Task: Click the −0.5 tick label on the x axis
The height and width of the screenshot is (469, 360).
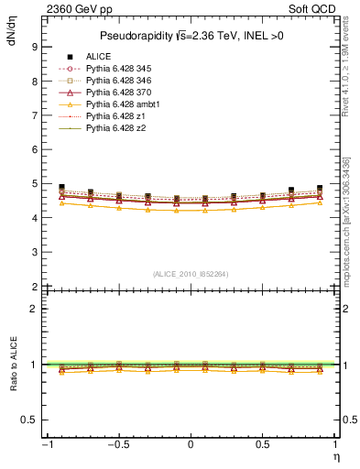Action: coord(116,444)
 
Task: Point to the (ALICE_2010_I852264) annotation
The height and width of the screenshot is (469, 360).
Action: coord(190,274)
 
